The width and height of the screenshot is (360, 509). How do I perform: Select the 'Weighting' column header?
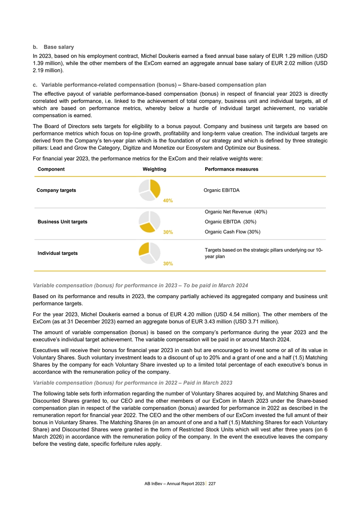click(154, 169)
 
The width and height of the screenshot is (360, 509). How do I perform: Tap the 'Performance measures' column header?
click(232, 169)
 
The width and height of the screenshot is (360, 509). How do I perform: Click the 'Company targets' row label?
click(56, 190)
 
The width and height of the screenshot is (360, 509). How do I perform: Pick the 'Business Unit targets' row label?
click(62, 222)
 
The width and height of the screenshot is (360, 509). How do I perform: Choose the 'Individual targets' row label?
click(57, 253)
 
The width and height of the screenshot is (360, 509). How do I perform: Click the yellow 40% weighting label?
click(168, 201)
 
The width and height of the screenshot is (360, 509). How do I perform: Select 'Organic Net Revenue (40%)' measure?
click(236, 211)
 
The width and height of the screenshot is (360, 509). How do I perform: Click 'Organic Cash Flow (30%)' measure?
click(232, 232)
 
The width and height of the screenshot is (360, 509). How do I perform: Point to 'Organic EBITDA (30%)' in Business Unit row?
click(231, 222)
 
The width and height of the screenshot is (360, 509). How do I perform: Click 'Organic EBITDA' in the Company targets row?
click(222, 190)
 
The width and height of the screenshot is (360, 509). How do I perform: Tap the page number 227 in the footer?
click(212, 484)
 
